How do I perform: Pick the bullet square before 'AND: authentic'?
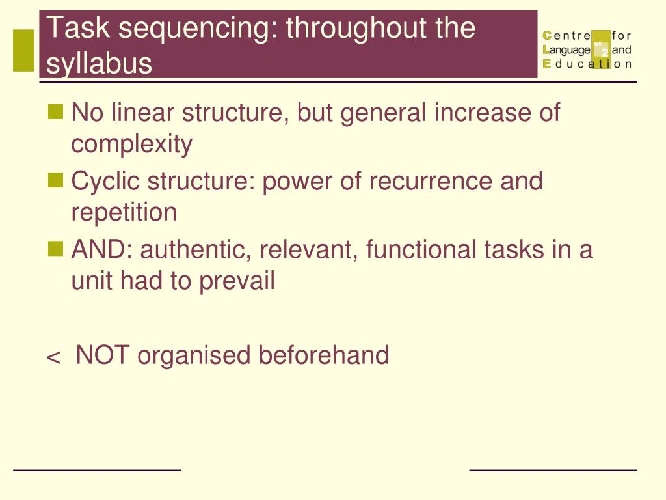tap(57, 247)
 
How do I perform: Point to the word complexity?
tap(131, 145)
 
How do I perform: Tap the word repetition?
tap(124, 213)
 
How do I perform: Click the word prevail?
tap(237, 282)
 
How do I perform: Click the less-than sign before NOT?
tap(53, 357)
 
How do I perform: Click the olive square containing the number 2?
tap(602, 49)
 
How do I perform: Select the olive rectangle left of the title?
tap(23, 50)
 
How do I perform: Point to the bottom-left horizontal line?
tap(97, 469)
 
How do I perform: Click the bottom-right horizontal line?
tap(553, 469)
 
